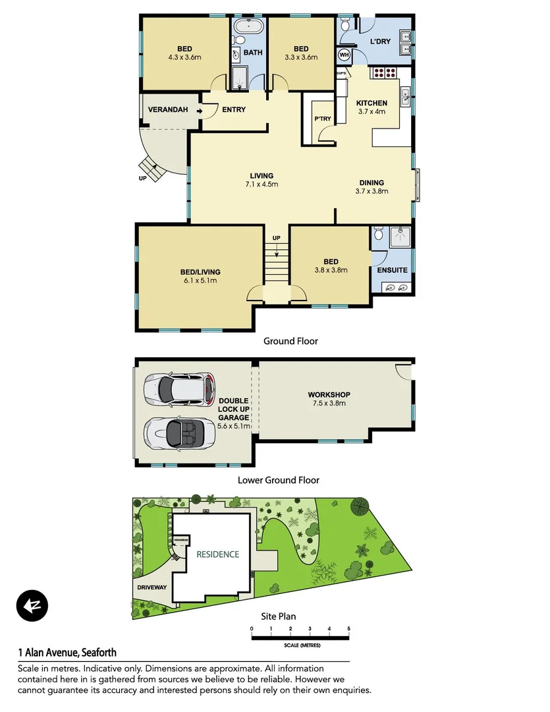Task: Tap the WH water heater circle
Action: point(343,55)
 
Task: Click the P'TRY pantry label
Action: point(322,119)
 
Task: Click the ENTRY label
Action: point(234,109)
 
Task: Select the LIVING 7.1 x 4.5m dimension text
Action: point(261,185)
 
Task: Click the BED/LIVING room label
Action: point(200,272)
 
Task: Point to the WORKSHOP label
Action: point(329,395)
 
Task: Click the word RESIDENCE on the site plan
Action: point(217,554)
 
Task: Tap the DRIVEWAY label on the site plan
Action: point(152,586)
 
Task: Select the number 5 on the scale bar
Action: point(348,629)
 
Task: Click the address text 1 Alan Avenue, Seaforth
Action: point(67,653)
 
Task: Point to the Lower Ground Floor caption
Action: point(279,481)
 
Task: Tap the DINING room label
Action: point(371,183)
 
